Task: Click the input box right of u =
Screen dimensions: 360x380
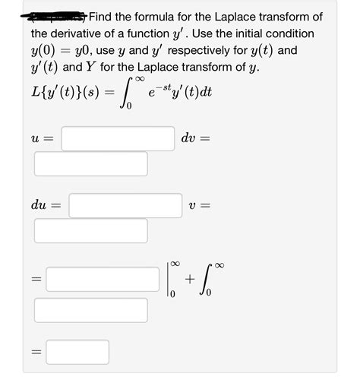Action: click(x=118, y=138)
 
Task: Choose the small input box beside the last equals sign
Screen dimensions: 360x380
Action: click(x=80, y=352)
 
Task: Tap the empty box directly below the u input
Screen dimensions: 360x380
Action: click(x=90, y=164)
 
